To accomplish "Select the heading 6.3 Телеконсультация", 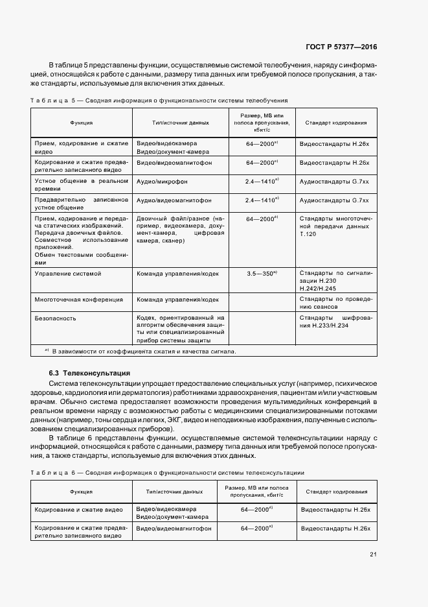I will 89,373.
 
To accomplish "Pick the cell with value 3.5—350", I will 262,274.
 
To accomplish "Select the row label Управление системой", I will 68,274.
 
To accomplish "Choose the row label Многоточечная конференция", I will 78,300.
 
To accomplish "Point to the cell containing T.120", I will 335,228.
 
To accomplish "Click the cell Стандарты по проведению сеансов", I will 335,303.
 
